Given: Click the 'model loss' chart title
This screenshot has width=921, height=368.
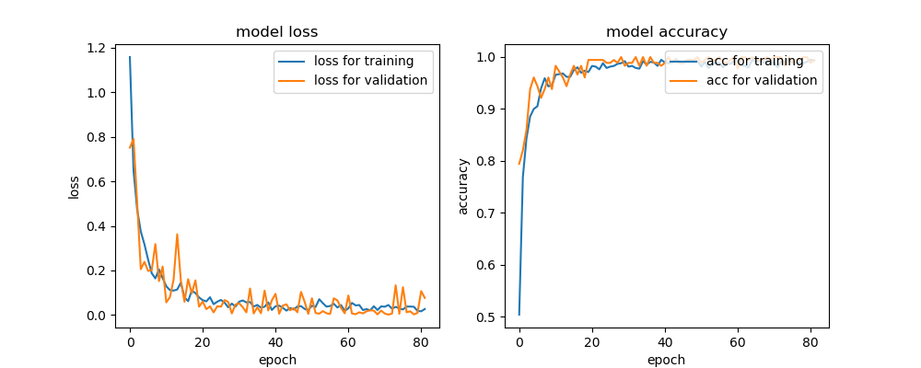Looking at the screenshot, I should point(277,32).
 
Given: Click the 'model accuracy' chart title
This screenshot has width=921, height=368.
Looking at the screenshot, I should point(666,32).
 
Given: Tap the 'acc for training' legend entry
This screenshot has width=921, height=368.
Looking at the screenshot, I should point(761,62).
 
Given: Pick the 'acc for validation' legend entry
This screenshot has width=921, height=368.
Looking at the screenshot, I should point(761,80).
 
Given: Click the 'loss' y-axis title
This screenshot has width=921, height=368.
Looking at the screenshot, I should point(74,187).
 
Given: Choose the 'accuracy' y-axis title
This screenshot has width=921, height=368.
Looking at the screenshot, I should point(463,187).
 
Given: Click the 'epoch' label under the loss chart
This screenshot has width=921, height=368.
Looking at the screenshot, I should point(277,360).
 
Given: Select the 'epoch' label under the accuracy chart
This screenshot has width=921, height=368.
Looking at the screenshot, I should point(666,360).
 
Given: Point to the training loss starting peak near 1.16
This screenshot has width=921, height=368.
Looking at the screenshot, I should point(130,57).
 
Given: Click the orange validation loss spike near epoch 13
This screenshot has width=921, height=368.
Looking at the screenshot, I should point(177,235).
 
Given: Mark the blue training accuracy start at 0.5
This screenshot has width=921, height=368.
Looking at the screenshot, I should point(519,315).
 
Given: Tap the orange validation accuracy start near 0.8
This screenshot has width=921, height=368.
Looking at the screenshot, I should point(519,164).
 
